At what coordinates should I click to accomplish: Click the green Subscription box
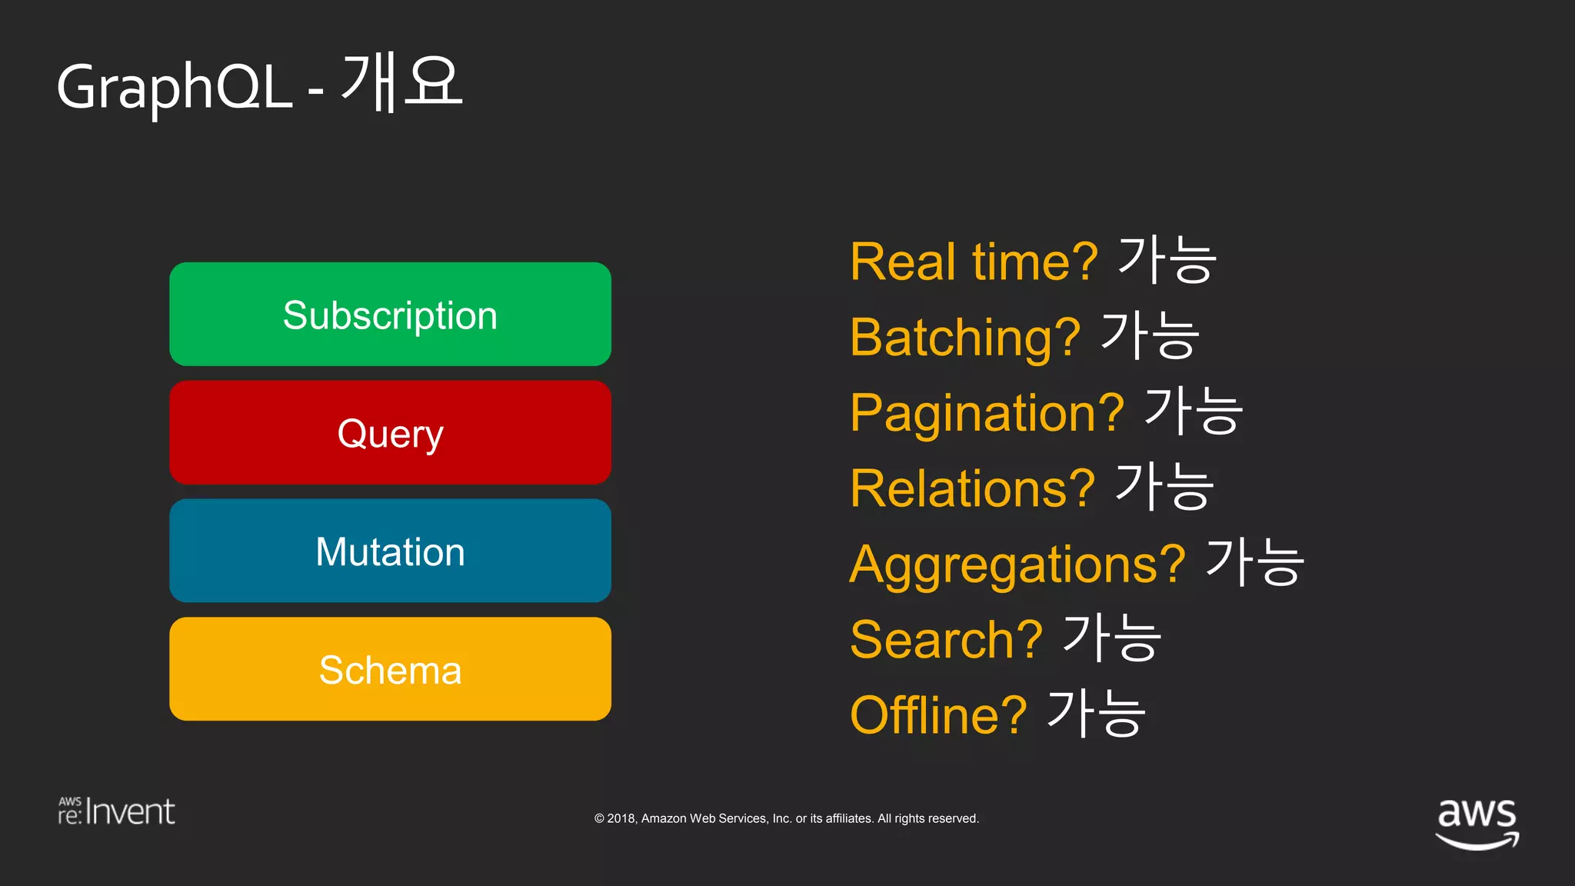click(390, 315)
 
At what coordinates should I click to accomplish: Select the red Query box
click(390, 433)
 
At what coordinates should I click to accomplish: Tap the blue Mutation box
click(390, 551)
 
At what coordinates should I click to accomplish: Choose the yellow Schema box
click(390, 669)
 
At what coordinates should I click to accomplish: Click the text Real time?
click(974, 262)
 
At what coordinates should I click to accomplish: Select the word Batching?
click(965, 338)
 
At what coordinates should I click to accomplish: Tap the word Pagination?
click(987, 413)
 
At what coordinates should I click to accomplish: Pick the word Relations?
click(972, 488)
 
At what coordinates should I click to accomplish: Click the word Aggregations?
click(1017, 565)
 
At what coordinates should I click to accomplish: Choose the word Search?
click(946, 640)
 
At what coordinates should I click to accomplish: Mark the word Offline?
click(938, 715)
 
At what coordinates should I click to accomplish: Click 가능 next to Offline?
click(1097, 714)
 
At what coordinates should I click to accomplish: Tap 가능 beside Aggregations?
click(1254, 562)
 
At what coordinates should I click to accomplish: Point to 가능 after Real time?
click(1167, 260)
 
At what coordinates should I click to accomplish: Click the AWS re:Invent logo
click(116, 811)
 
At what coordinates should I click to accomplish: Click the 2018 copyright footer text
click(786, 818)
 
